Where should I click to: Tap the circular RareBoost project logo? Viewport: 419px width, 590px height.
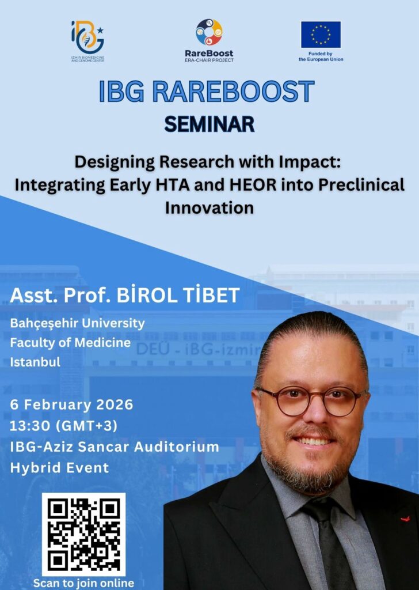coord(209,32)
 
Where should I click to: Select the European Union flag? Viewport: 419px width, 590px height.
coord(321,35)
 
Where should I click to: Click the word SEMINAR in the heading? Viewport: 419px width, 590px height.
coord(209,124)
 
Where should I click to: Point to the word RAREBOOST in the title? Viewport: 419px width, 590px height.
coord(233,92)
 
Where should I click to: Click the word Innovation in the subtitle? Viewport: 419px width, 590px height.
coord(209,207)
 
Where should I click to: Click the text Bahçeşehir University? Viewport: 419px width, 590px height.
coord(78,323)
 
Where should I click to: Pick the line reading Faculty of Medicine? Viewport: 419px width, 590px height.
coord(70,342)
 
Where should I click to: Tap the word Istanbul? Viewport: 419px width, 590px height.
coord(35,362)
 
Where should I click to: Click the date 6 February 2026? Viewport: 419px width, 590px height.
coord(72,404)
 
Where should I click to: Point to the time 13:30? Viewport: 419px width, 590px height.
coord(30,426)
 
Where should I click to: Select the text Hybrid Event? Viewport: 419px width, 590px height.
coord(59,468)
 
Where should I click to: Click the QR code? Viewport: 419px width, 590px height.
coord(83,534)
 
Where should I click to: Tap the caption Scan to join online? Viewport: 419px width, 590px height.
coord(83,583)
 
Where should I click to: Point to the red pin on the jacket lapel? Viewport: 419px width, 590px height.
coord(405,519)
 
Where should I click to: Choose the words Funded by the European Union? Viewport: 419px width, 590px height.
coord(321,56)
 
